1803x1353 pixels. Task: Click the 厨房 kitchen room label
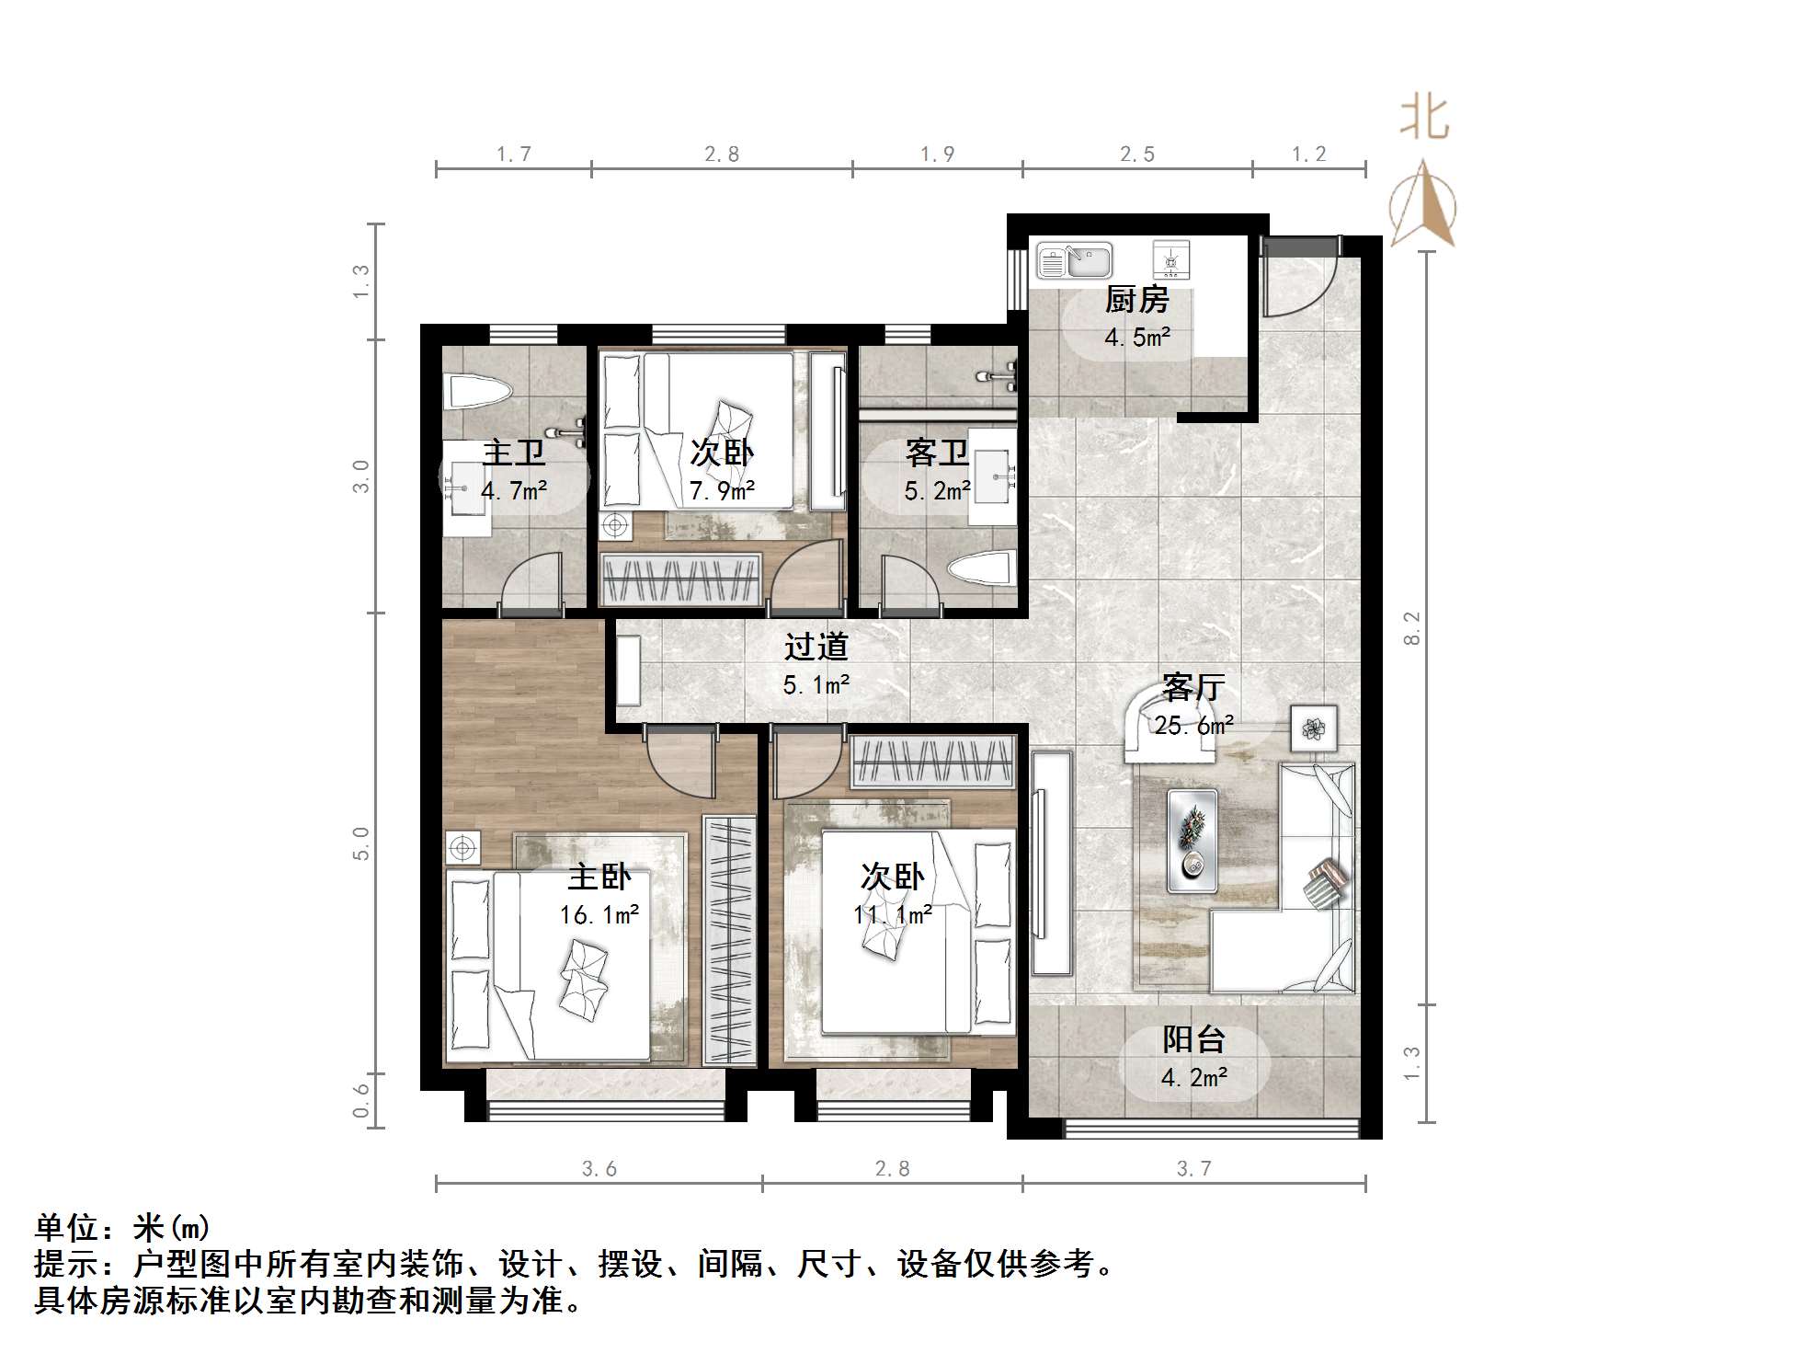[1136, 299]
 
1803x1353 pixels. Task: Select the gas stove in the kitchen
[1170, 260]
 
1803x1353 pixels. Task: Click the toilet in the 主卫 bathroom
[475, 393]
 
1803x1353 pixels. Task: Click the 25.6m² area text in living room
[1193, 726]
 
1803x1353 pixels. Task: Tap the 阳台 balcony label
[1193, 1039]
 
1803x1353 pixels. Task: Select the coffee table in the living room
[1192, 841]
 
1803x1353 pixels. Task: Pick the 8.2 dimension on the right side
[1412, 628]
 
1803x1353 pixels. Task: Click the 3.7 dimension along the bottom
[1193, 1168]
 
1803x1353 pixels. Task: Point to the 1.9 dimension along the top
[937, 154]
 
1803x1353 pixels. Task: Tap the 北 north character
[1424, 120]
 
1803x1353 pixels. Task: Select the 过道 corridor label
[816, 647]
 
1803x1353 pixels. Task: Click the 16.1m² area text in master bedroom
[599, 914]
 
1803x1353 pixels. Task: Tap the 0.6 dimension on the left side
[361, 1100]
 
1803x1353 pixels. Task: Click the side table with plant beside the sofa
[1313, 728]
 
